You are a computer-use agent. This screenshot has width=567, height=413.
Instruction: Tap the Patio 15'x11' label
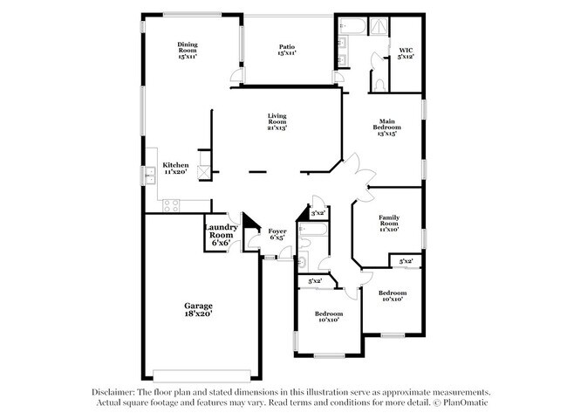(287, 50)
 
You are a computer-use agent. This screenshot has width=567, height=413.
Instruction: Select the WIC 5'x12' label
(406, 53)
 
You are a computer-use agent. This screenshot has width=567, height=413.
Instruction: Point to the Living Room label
(277, 119)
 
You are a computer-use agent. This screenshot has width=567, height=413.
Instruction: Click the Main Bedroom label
(387, 124)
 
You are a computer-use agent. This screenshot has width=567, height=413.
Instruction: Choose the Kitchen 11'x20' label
(175, 169)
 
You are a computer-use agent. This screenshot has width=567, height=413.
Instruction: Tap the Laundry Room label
(222, 231)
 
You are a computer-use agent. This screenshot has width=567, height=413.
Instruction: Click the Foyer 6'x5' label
(277, 234)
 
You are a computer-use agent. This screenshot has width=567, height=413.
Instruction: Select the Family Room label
(389, 220)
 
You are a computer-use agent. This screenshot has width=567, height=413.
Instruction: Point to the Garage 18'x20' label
(198, 310)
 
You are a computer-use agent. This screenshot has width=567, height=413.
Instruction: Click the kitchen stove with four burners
(171, 205)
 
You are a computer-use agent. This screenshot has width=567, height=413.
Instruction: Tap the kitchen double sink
(150, 176)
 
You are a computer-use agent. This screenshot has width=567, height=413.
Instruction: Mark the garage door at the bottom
(202, 375)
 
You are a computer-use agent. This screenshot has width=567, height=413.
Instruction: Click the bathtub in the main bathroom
(352, 26)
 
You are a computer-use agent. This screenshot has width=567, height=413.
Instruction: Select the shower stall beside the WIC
(379, 26)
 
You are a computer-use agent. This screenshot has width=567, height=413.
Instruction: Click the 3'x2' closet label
(318, 214)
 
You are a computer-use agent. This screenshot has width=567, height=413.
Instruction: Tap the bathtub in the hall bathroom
(313, 230)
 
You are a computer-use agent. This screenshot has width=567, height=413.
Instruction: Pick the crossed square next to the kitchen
(204, 172)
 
